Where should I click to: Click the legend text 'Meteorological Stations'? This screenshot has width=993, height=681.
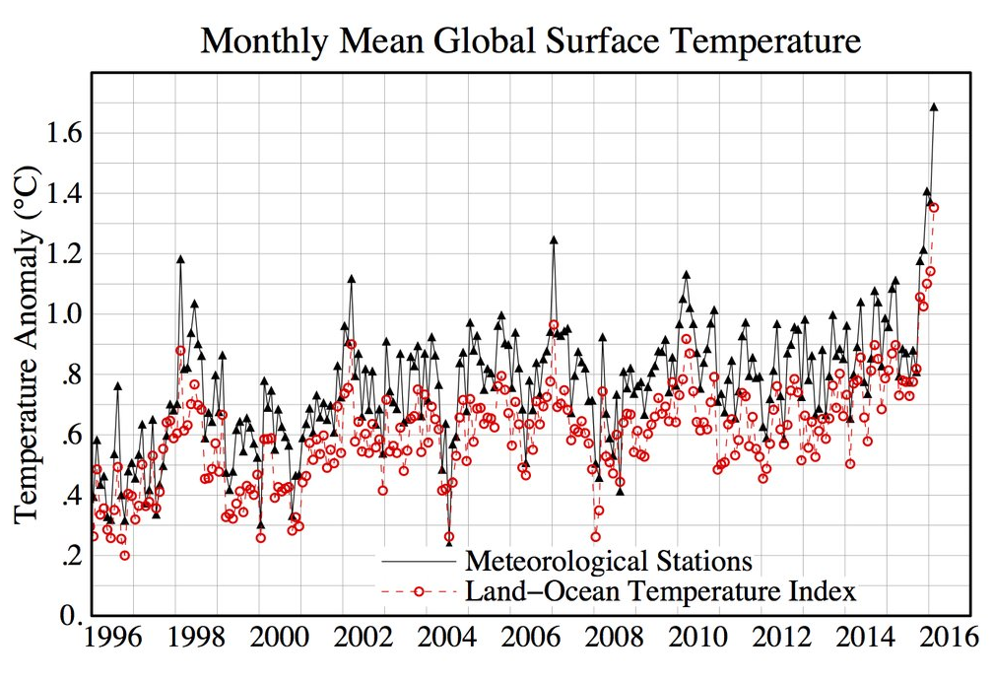(608, 562)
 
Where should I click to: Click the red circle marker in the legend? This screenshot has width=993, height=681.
(419, 592)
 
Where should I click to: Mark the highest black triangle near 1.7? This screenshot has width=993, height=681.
(934, 107)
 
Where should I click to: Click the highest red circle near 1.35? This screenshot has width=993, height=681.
(934, 207)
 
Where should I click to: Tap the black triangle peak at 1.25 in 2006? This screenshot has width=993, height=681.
(554, 239)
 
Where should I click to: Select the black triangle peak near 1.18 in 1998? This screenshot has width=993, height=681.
(180, 259)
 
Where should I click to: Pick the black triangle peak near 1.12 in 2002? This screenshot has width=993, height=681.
(351, 279)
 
